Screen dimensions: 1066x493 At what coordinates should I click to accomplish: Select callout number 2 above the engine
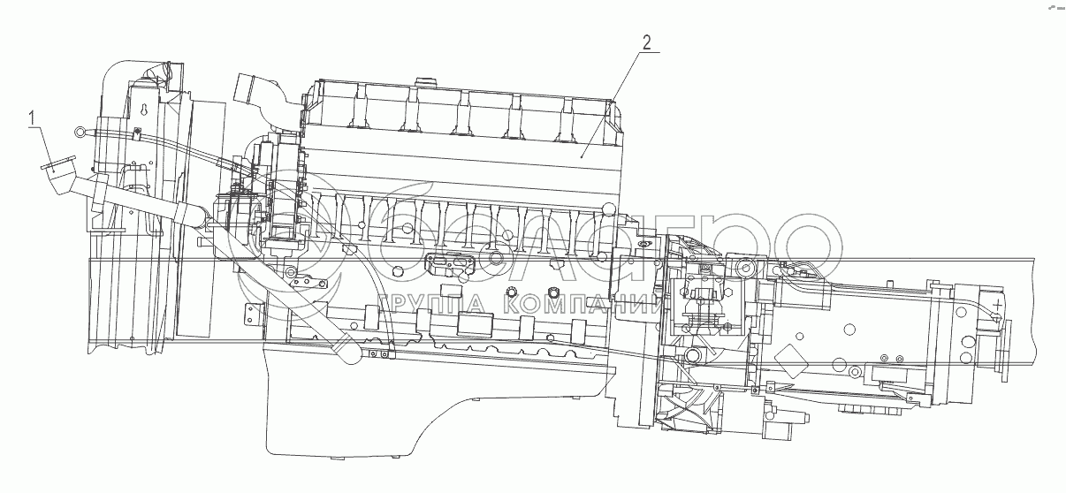coord(647,42)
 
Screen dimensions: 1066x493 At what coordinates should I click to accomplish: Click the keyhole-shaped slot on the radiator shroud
coord(144,112)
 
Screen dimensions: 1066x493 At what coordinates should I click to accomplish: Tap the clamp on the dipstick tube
coord(139,134)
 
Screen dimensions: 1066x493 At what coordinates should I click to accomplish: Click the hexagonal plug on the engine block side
coord(553,292)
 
